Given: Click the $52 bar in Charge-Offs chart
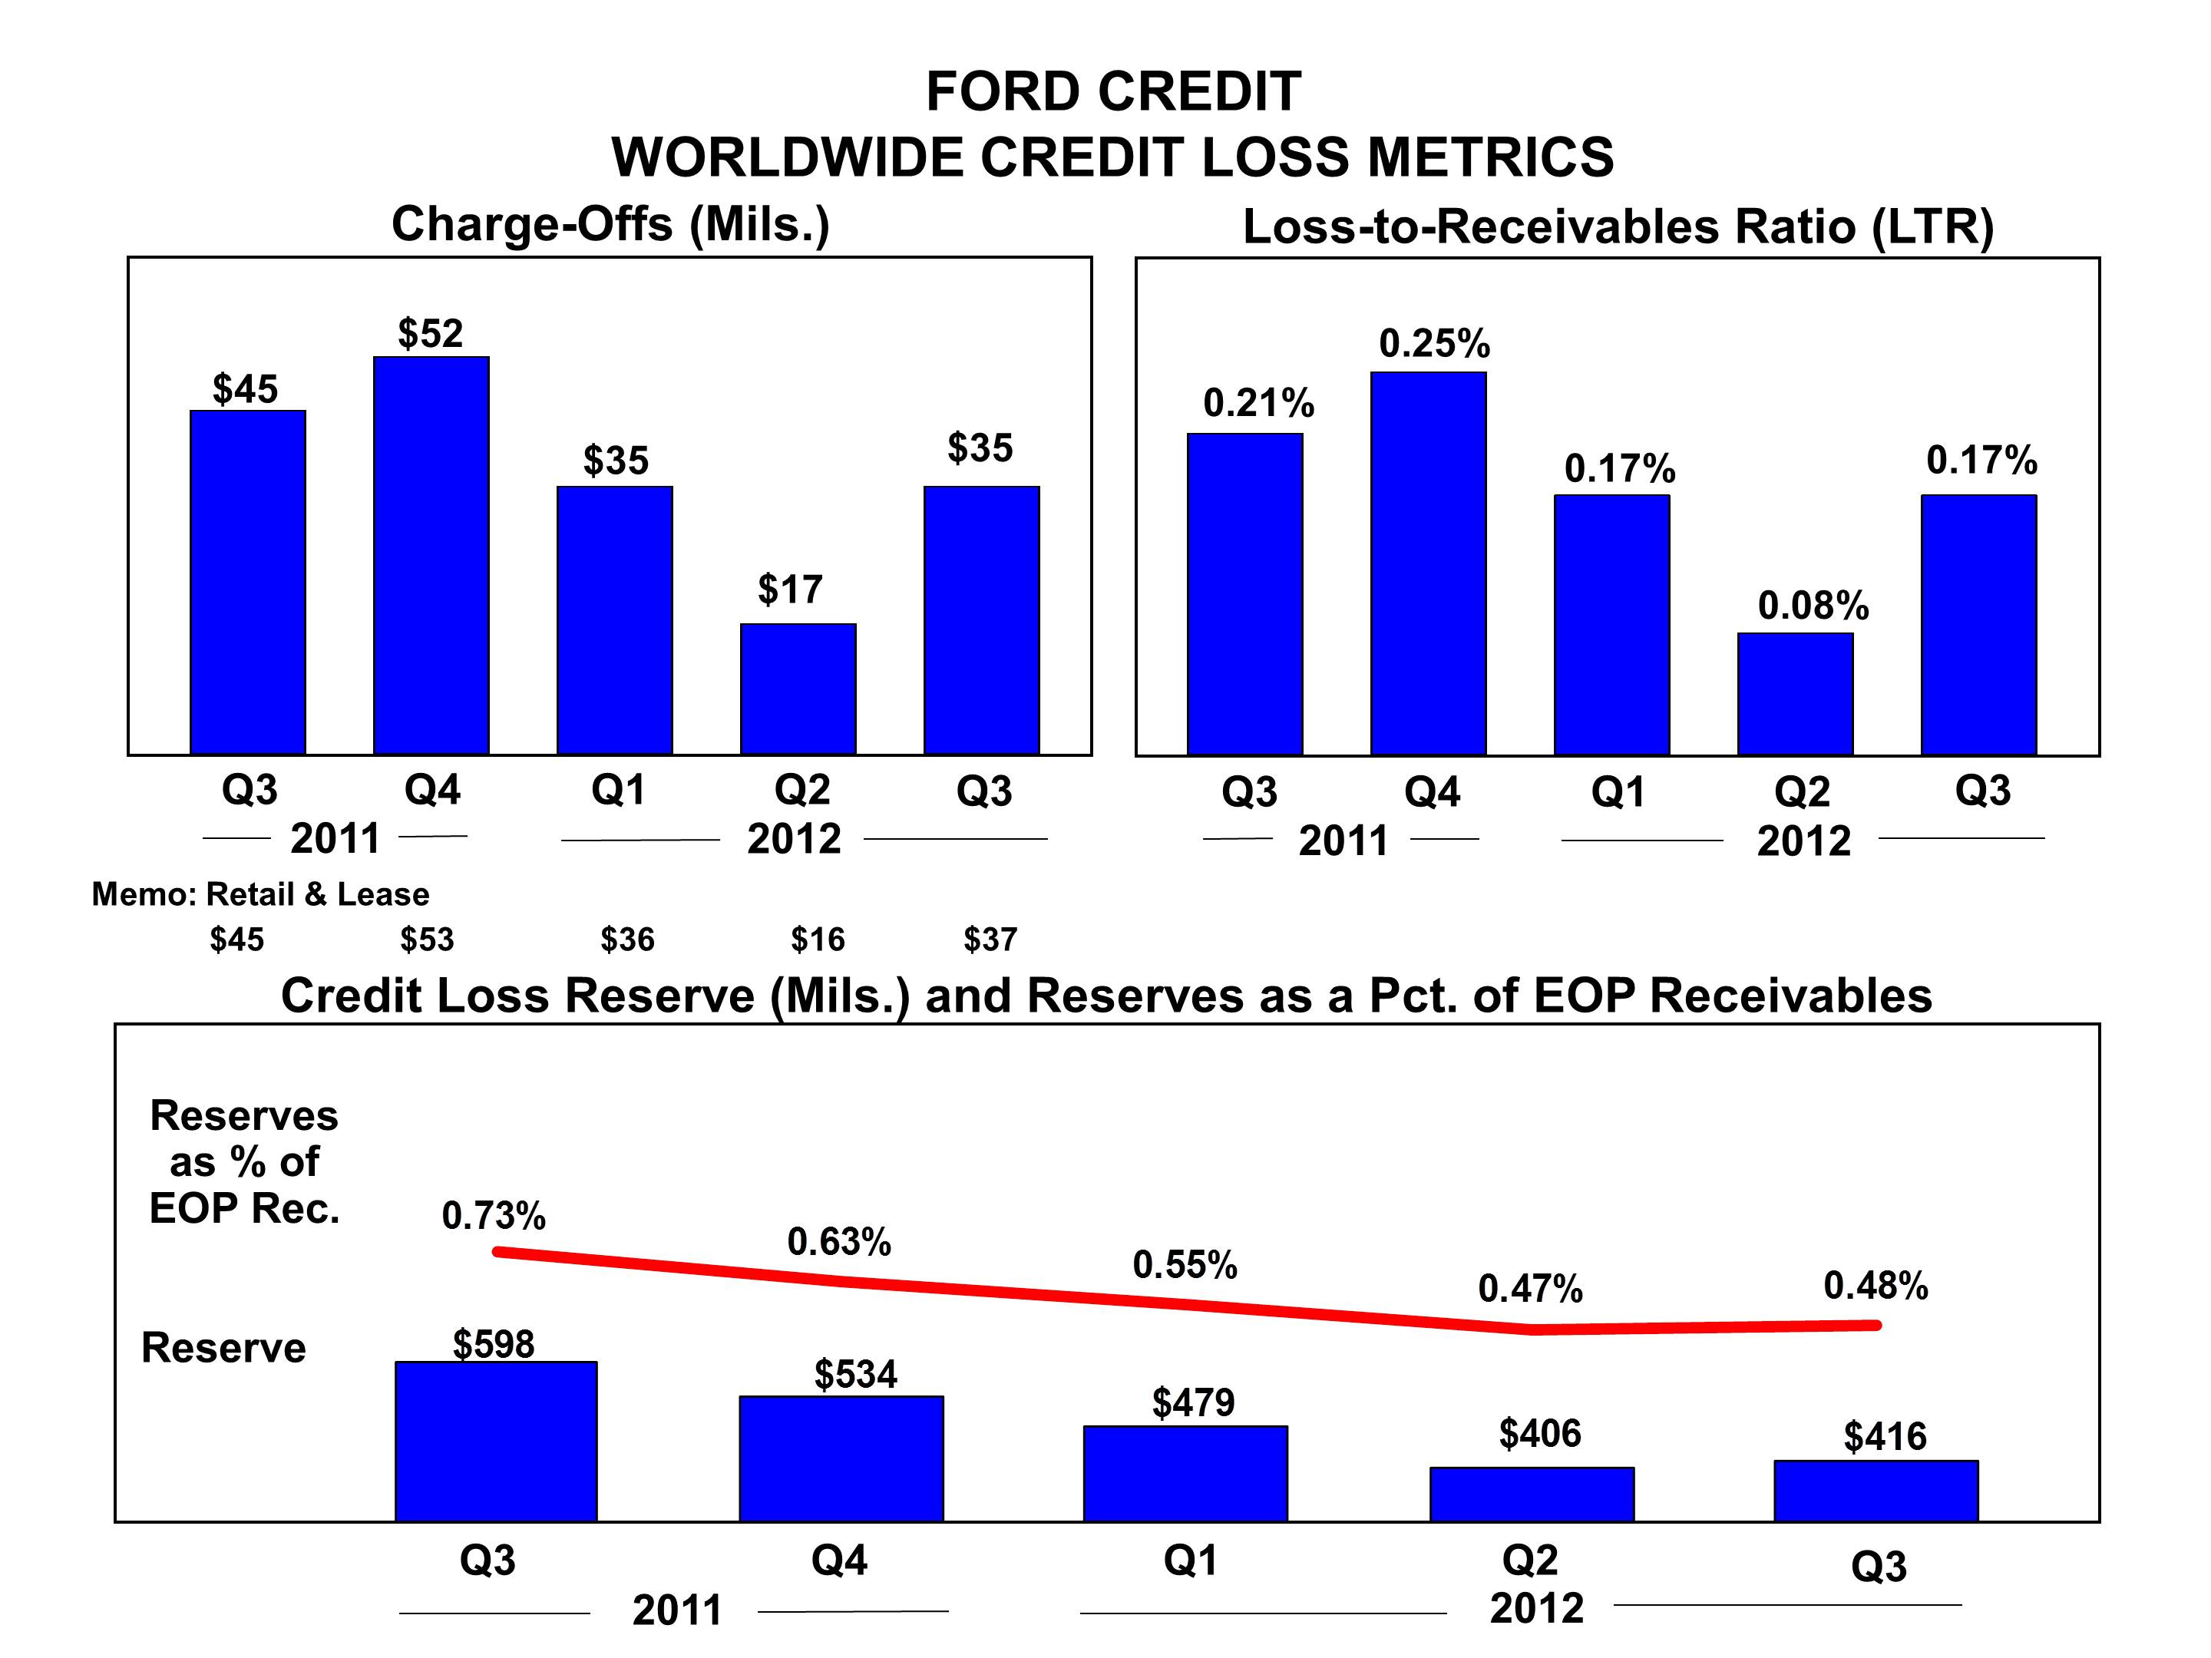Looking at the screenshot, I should pos(431,555).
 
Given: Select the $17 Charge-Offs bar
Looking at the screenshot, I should pos(798,689).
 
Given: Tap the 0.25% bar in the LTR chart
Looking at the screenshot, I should pos(1429,563).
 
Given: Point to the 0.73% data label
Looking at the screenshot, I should pos(494,1215).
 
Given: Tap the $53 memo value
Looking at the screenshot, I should pos(427,940).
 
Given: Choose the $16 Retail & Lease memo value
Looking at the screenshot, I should pos(818,940).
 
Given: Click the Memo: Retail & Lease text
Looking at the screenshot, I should pos(260,893).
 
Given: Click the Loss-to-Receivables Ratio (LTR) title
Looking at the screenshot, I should pos(1618,227).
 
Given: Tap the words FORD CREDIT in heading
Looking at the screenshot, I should pos(1113,92).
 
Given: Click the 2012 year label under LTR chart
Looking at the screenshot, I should pos(1803,841).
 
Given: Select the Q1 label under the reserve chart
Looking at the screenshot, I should pos(1191,1560).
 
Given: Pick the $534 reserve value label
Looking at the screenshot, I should pos(856,1374).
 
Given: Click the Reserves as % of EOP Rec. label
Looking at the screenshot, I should pos(244,1161).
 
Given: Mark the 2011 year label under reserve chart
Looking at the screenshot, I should pos(676,1610).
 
